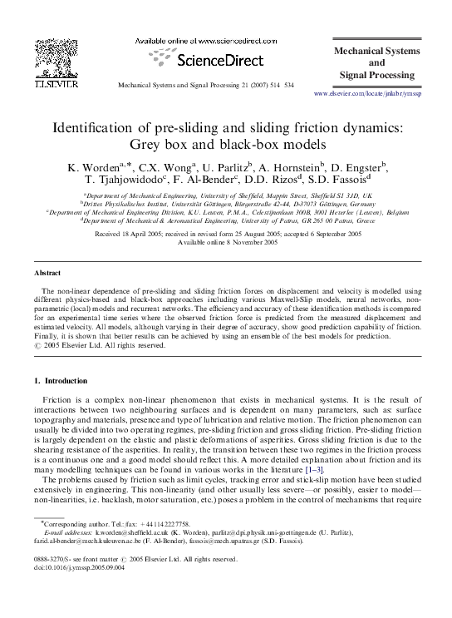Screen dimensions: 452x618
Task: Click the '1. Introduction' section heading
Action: pyautogui.click(x=66, y=380)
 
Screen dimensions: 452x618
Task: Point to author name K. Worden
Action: pyautogui.click(x=92, y=168)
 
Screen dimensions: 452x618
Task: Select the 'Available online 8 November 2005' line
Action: pyautogui.click(x=226, y=243)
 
